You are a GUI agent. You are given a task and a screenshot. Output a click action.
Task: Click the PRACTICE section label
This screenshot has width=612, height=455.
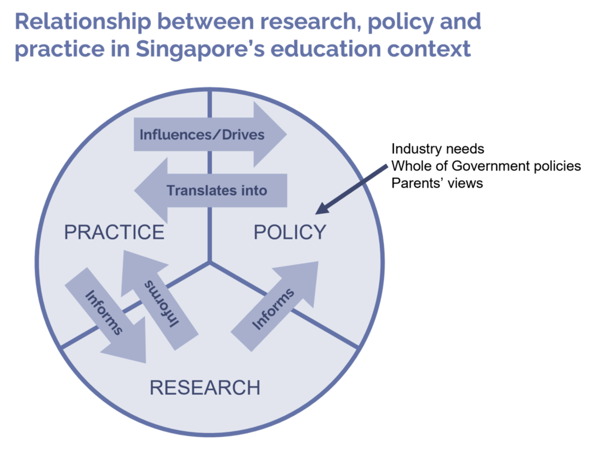coord(114,232)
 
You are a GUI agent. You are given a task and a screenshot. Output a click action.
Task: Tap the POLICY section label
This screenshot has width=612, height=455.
coord(290,232)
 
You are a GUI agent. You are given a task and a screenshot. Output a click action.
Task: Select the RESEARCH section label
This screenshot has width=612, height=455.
coord(205,388)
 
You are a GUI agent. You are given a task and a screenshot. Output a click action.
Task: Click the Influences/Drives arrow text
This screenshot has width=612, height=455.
coord(202,135)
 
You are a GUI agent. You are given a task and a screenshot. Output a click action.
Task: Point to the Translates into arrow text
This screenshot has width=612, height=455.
coord(217,190)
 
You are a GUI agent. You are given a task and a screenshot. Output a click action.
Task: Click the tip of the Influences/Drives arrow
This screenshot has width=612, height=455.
coord(287,135)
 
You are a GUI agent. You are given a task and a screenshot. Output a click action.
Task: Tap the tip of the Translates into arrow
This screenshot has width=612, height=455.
coord(134,190)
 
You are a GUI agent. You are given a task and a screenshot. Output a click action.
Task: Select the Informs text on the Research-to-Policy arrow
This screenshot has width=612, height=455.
coord(273,309)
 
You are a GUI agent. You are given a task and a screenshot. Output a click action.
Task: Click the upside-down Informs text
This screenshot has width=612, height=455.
coord(162,304)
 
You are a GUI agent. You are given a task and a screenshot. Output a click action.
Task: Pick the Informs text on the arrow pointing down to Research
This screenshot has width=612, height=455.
coord(104,313)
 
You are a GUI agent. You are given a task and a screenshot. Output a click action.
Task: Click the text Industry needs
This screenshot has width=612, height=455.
coord(438,149)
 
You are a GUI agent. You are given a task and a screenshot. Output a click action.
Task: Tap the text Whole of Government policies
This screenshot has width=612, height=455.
coord(486,166)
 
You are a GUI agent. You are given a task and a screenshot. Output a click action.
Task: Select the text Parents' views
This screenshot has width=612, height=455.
coord(438,183)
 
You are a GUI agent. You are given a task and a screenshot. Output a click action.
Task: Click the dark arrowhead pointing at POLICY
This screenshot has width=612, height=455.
coord(322,209)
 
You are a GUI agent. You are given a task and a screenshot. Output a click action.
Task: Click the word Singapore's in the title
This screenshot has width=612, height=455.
coord(200,49)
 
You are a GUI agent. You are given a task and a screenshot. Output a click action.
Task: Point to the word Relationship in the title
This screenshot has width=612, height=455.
coord(83,21)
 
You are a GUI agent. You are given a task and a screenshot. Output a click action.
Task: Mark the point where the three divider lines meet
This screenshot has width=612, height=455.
coord(210,262)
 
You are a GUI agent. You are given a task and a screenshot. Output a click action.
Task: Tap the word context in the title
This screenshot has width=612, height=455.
coord(429,49)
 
